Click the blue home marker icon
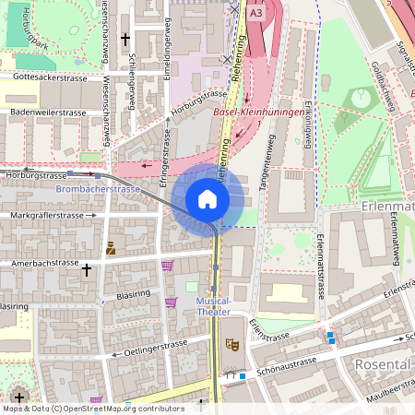(x=207, y=198)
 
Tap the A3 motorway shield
(x=255, y=13)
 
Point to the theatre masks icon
(x=232, y=346)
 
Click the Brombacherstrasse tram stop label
(x=98, y=189)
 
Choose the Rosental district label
(x=382, y=364)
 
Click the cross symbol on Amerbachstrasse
(x=88, y=270)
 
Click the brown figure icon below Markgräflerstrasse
(x=111, y=247)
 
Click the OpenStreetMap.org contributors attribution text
(x=124, y=408)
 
